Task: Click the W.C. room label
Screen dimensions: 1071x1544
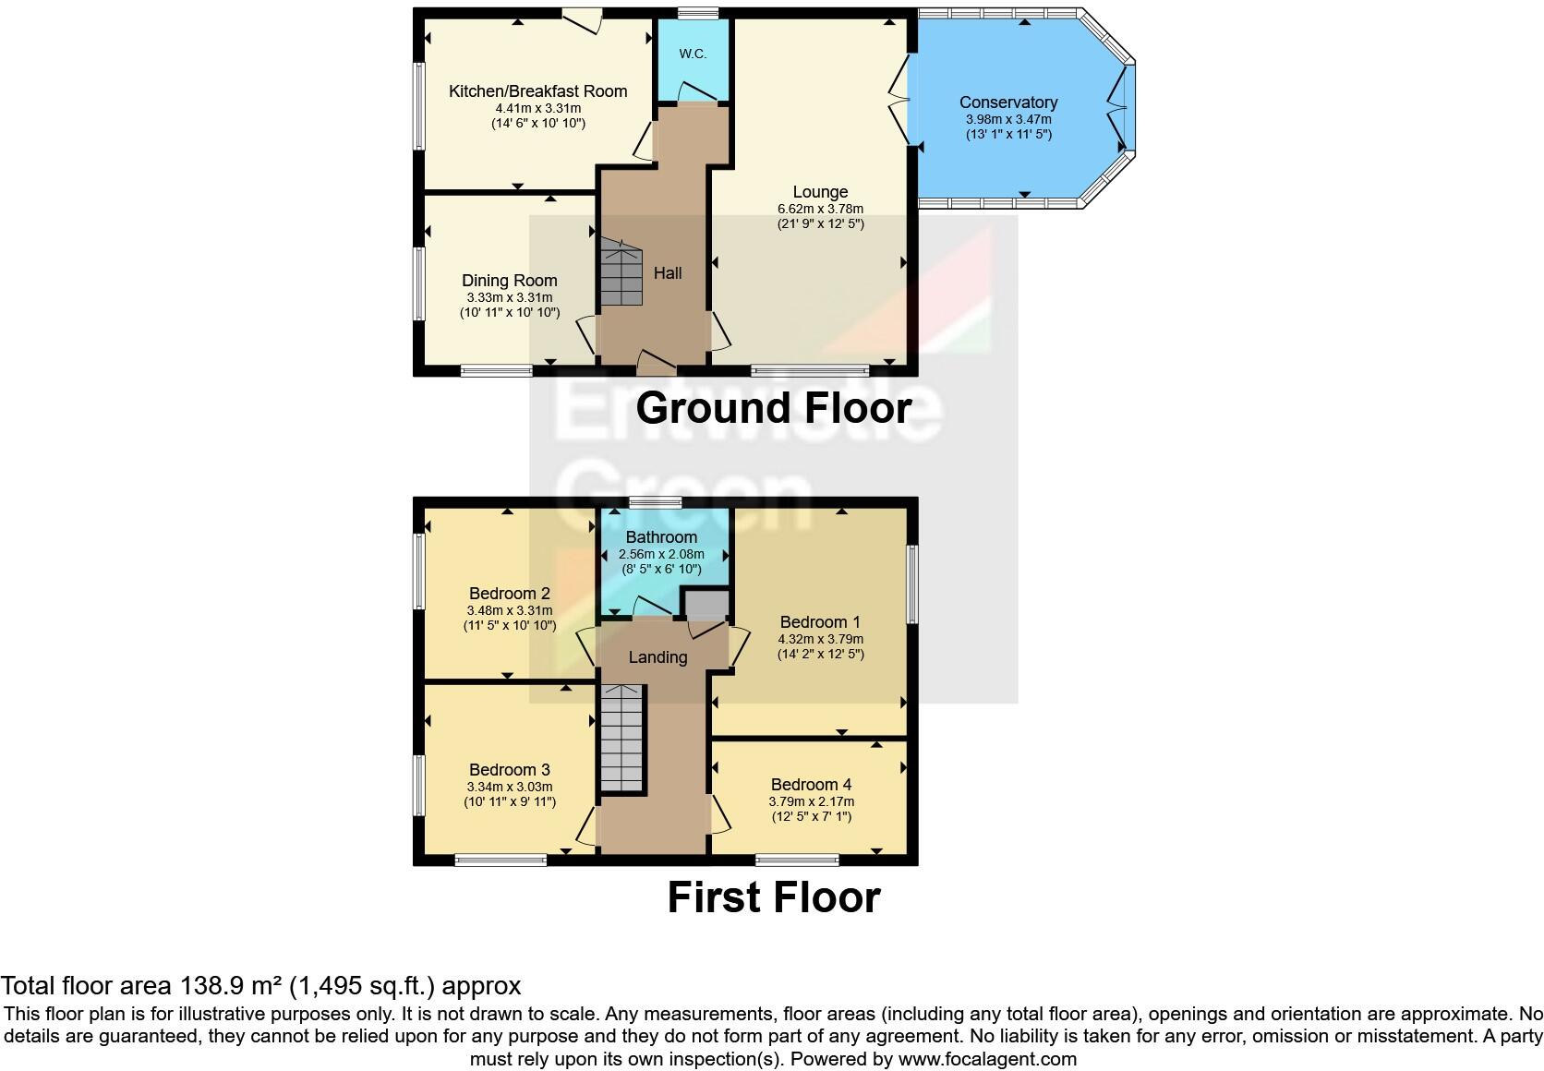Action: point(693,54)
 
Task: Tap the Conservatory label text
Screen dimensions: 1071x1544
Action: point(1007,102)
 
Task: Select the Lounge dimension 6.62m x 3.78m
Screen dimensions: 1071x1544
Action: point(820,209)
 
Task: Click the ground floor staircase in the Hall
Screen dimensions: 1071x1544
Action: point(621,272)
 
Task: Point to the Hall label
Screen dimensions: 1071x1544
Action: point(668,273)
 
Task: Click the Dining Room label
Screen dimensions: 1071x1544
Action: point(510,281)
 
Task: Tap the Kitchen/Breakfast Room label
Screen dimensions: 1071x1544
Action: point(537,91)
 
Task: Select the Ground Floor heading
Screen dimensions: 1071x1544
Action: point(773,408)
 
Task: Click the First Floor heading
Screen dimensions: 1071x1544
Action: point(773,897)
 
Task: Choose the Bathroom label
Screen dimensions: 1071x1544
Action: point(661,537)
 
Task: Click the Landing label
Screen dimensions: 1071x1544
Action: point(657,657)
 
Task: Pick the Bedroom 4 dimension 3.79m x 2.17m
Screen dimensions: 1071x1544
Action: point(811,801)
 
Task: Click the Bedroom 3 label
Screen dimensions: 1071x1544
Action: point(509,770)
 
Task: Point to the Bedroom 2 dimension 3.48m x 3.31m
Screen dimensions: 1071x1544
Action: point(510,610)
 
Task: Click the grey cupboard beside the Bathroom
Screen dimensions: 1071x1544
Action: point(706,605)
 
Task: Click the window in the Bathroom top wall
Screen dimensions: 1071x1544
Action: point(655,503)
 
